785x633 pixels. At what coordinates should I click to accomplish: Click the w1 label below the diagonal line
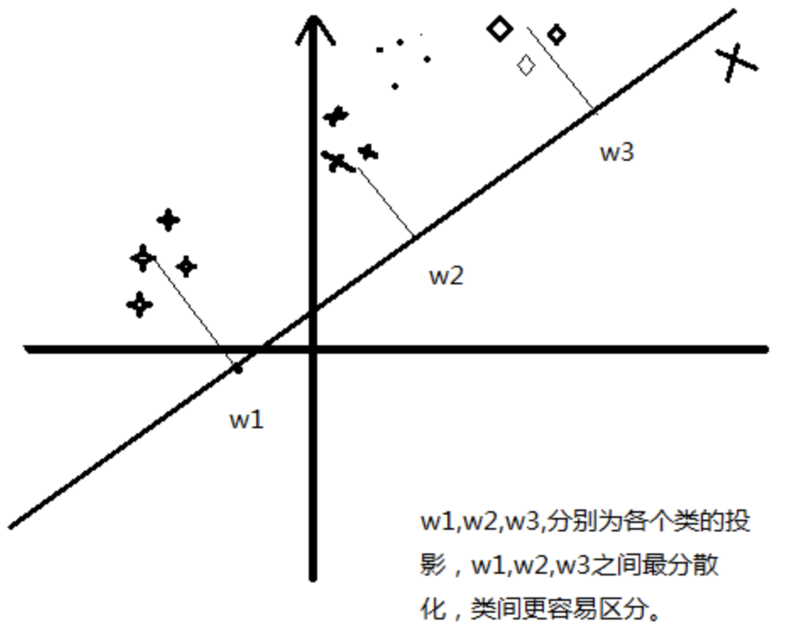(246, 420)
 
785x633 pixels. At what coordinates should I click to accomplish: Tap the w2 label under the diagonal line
(447, 276)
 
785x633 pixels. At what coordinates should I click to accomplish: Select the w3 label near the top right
(617, 152)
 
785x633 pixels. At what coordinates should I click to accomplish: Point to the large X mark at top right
(736, 63)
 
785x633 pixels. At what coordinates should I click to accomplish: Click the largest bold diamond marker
(500, 29)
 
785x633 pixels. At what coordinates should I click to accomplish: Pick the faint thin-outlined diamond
(526, 65)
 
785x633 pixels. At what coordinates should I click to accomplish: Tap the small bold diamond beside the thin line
(556, 35)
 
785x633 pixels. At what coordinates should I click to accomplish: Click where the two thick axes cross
(314, 349)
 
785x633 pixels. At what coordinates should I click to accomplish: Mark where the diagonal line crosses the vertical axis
(314, 310)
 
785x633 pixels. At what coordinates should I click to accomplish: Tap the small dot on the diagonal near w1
(238, 369)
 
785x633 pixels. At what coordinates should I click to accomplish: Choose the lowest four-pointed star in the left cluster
(140, 305)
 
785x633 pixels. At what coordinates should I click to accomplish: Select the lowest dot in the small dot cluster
(395, 85)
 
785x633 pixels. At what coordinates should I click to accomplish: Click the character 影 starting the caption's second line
(432, 565)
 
